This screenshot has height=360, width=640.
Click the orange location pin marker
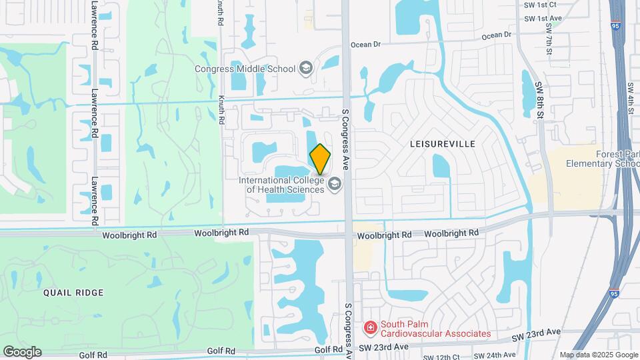pos(320,159)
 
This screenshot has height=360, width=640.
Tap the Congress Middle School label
pos(244,68)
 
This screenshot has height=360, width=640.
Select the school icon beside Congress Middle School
pos(305,67)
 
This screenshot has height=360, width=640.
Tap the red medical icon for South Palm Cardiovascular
pos(369,327)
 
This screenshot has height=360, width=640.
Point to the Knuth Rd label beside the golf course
pos(221,110)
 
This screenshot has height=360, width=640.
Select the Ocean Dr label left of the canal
pos(365,45)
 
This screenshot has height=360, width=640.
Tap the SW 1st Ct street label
pos(541,4)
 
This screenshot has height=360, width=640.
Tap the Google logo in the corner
pos(22,351)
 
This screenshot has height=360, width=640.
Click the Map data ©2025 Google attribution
pos(599,355)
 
